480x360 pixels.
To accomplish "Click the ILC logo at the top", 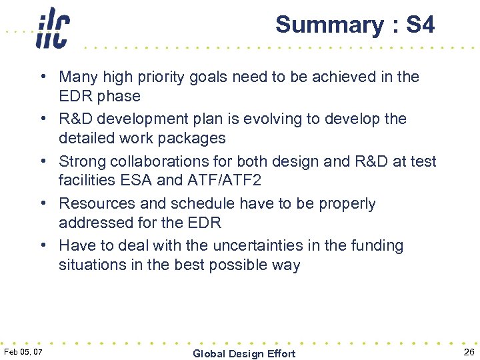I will [53, 28].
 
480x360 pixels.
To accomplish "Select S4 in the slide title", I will [420, 25].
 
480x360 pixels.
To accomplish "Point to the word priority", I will [163, 77].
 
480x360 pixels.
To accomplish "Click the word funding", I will [377, 246].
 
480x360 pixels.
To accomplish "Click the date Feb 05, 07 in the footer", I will [23, 351].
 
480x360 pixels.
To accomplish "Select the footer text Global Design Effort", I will [243, 353].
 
